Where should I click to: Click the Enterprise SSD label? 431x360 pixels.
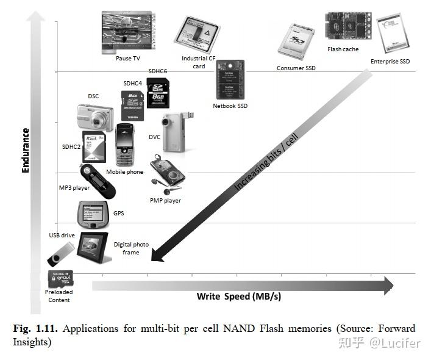tap(390, 62)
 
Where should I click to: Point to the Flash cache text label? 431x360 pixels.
tap(343, 49)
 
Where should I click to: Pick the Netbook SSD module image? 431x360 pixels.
tap(230, 80)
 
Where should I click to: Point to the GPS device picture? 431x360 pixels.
tap(92, 214)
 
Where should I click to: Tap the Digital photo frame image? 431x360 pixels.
tap(94, 247)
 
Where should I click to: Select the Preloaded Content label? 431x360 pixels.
tap(59, 296)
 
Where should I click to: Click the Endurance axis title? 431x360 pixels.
tap(26, 149)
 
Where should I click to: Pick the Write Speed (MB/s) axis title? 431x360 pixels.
tap(239, 297)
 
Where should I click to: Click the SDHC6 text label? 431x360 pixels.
tap(157, 71)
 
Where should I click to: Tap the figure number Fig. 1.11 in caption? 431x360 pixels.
tap(35, 328)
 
